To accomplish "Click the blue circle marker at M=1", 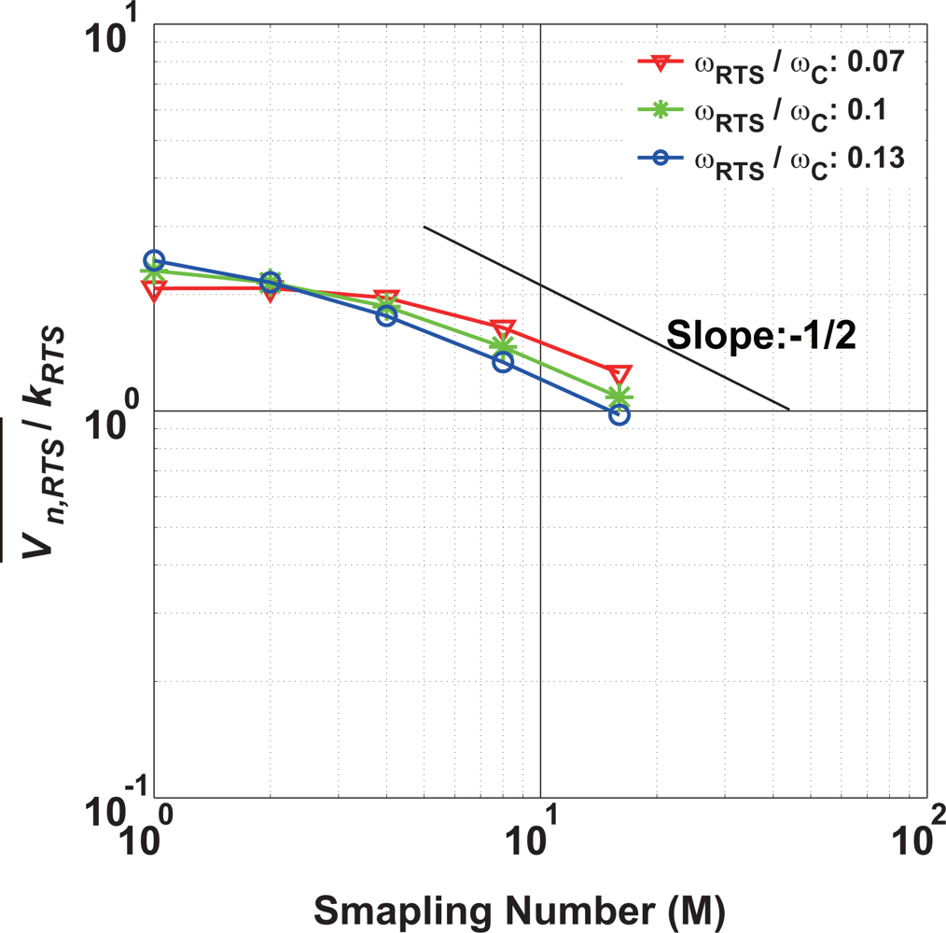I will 154,260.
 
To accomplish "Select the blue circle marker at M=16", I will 619,414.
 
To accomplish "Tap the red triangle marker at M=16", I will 619,374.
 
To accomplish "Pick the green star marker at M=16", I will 619,397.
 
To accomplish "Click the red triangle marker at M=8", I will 503,329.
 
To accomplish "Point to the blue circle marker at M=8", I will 503,361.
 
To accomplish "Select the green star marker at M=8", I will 503,346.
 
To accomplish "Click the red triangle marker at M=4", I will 386,299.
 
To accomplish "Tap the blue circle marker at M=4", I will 386,315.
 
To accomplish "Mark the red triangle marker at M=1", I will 154,289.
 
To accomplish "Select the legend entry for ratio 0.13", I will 770,159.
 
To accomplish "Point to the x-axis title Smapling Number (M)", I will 522,907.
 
